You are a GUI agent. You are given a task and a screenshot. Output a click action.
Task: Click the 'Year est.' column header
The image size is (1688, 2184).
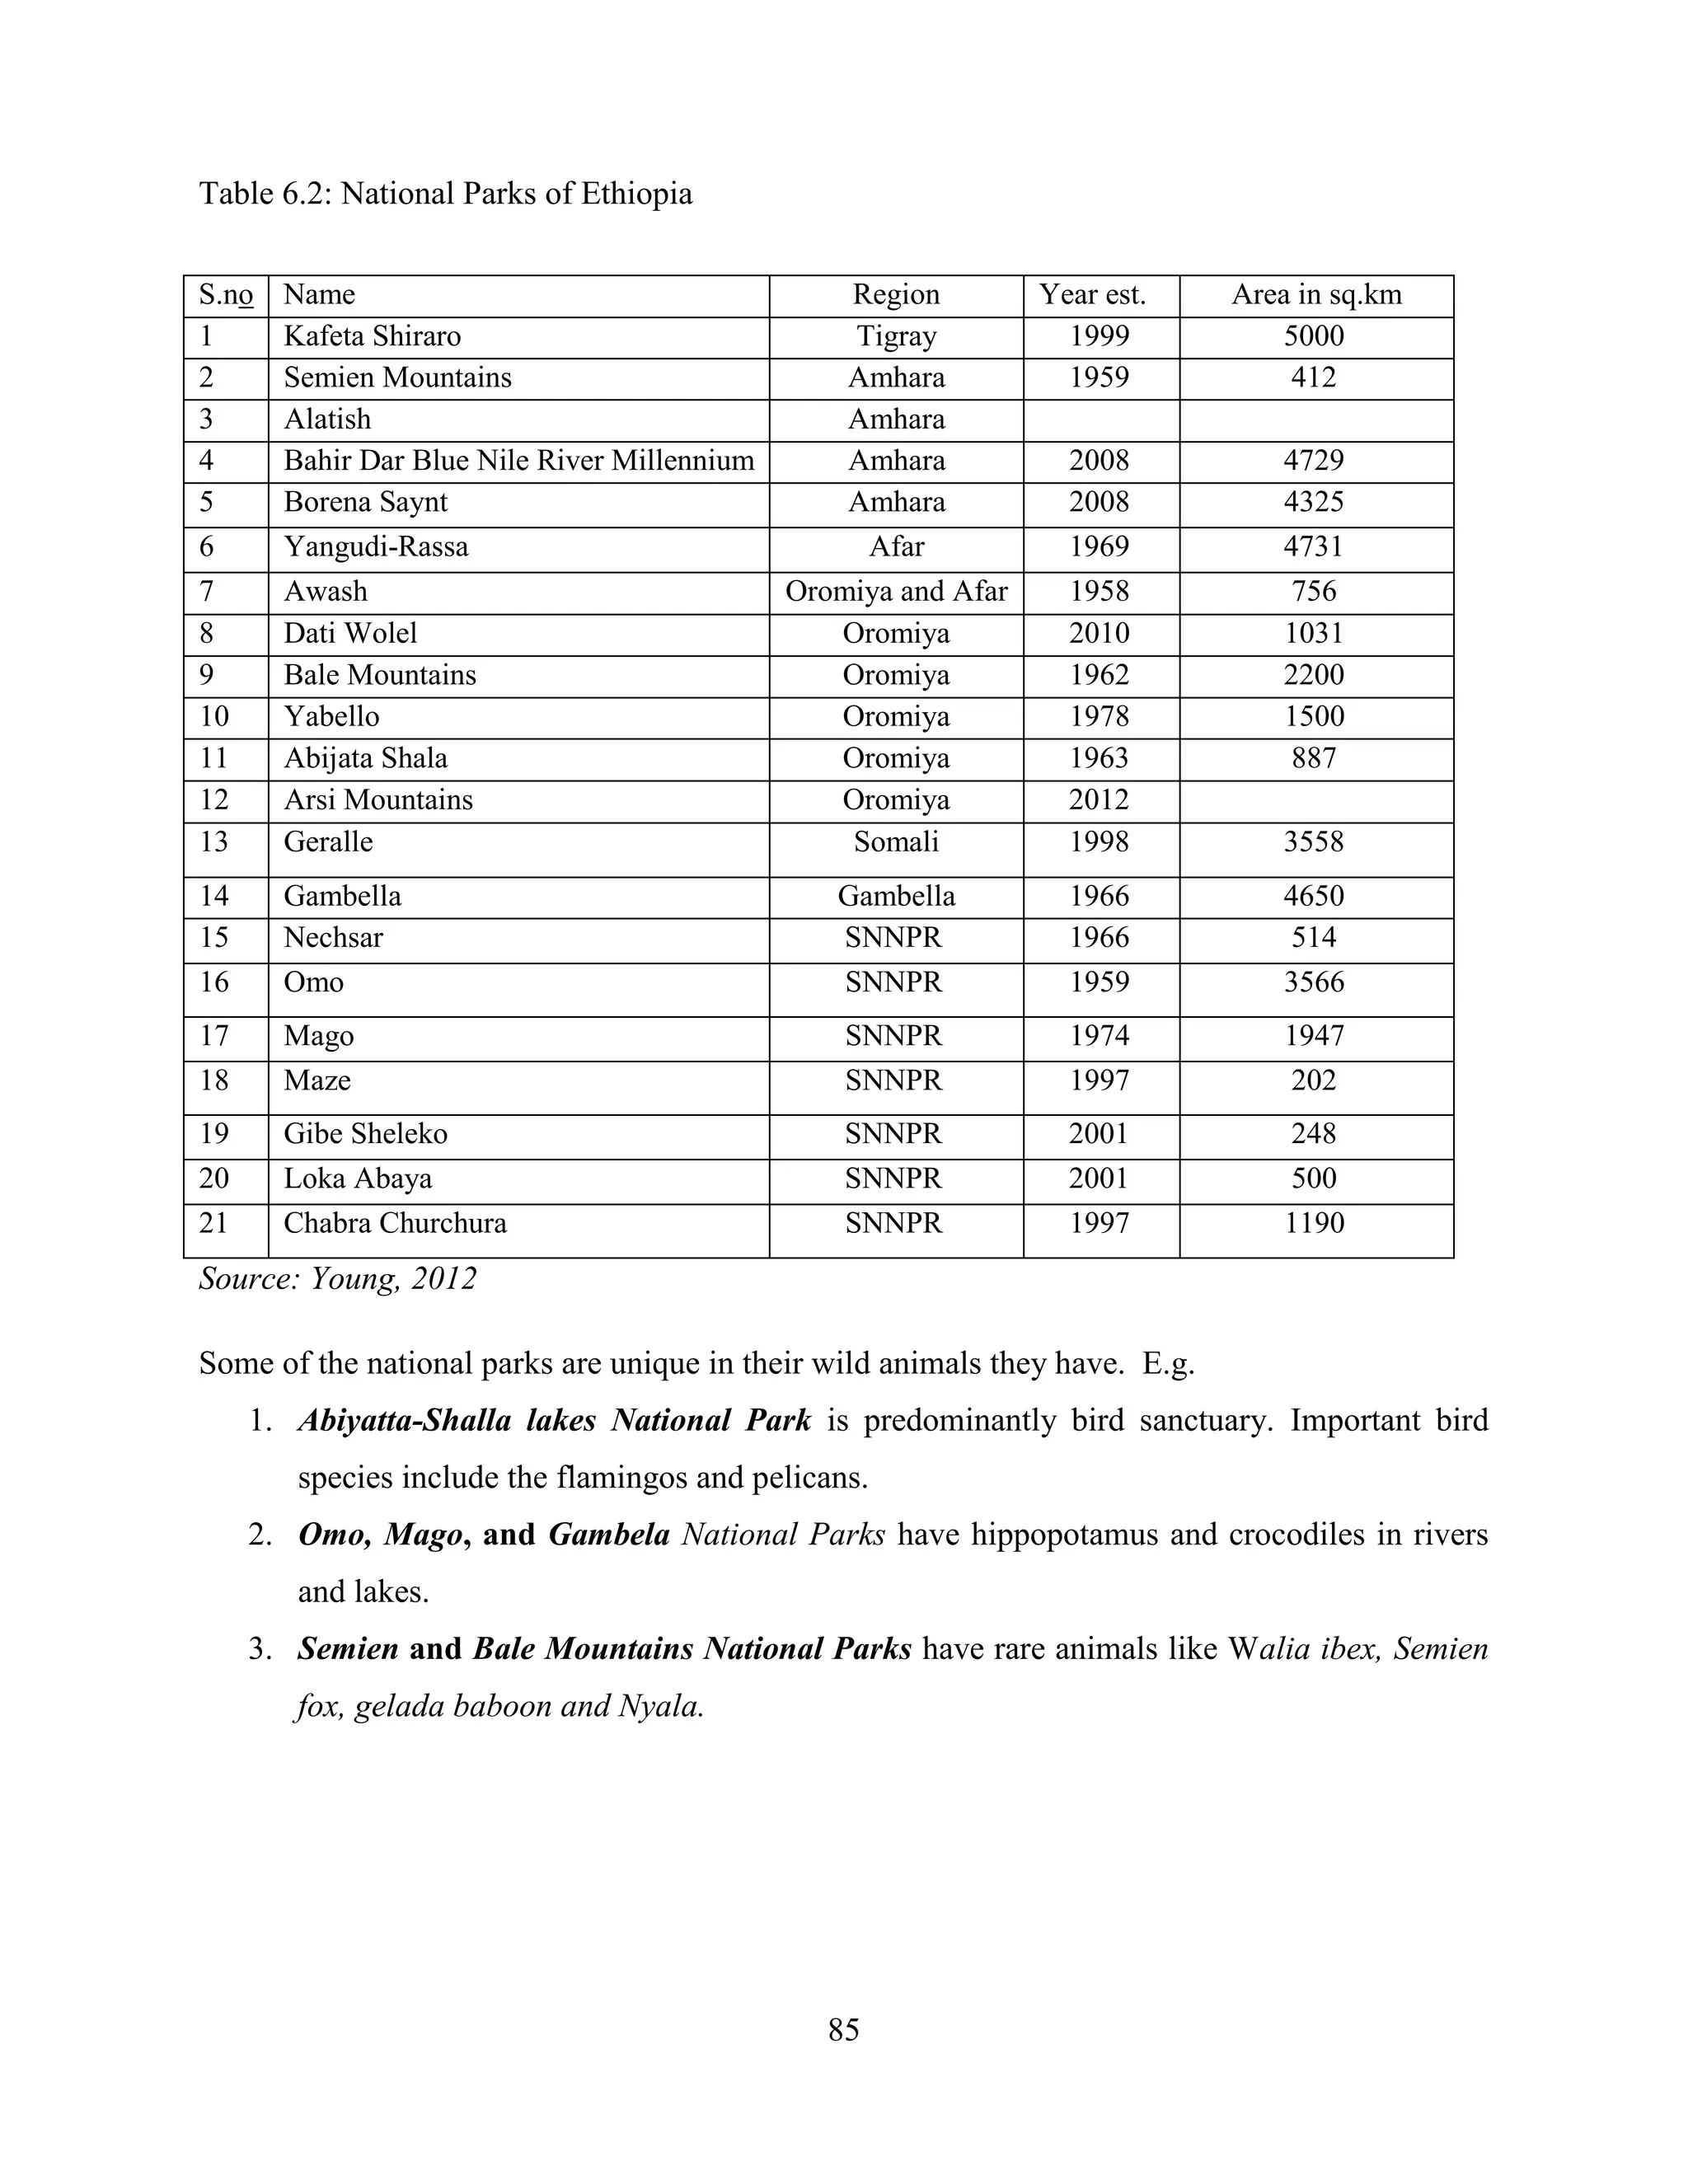pos(1092,295)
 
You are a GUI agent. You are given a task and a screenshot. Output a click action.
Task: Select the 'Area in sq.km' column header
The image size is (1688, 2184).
pos(1316,295)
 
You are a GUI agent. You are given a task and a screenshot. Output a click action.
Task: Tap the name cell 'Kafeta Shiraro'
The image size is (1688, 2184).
pos(372,336)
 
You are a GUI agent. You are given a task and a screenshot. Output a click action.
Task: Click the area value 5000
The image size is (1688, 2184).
pos(1314,336)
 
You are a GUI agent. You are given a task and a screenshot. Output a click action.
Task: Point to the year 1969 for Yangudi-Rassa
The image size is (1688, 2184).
pos(1099,547)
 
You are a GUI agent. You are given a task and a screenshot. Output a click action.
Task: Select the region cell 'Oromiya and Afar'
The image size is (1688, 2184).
pos(896,592)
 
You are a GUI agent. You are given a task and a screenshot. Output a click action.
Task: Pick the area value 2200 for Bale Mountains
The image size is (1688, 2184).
pos(1314,675)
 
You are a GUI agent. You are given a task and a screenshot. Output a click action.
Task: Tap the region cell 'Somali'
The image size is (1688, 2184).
pos(896,842)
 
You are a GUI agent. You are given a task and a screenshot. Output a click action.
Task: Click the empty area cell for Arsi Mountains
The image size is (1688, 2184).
pos(1316,801)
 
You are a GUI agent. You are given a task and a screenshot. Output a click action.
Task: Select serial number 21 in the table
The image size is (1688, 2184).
pos(214,1223)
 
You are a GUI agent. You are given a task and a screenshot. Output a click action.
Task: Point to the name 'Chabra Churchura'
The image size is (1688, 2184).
pos(395,1223)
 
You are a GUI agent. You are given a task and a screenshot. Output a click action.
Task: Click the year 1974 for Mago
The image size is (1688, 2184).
pos(1099,1036)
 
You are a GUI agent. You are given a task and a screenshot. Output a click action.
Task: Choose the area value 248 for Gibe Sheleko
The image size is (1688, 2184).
pos(1314,1134)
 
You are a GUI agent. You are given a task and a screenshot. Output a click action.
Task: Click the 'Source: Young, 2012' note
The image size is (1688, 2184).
pos(338,1279)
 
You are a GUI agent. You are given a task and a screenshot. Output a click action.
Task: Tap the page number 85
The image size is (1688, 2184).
pos(843,2030)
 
